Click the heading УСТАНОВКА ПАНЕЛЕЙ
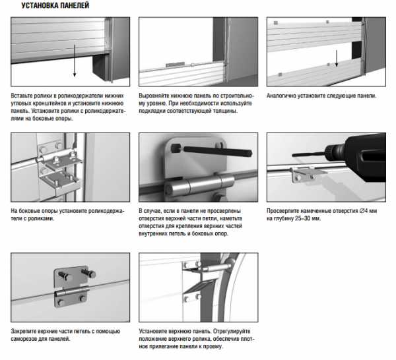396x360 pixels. click(55, 5)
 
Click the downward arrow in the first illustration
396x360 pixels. click(75, 60)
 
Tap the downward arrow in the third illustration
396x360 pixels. click(337, 59)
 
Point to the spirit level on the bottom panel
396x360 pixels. click(175, 65)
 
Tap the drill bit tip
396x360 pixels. click(293, 155)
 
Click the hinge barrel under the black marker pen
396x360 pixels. click(199, 185)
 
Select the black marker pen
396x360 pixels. click(212, 150)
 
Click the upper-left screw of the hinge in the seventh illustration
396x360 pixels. click(63, 275)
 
